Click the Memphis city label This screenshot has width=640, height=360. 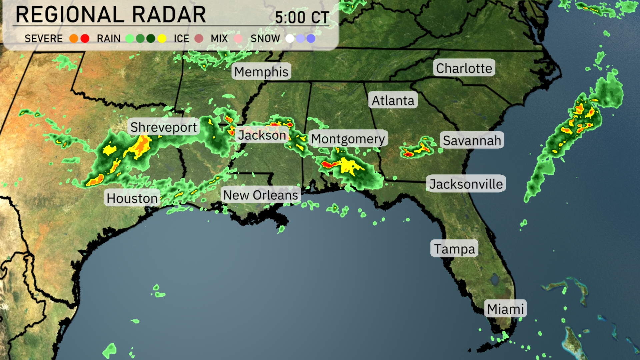(261, 72)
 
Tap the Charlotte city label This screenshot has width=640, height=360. (464, 68)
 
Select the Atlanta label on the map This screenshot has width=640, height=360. (393, 100)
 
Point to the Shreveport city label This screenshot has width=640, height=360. (163, 127)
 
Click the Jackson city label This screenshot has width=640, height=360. (262, 135)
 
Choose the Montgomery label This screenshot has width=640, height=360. (348, 139)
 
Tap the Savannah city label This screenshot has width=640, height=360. (472, 140)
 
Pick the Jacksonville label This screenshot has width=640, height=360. (466, 184)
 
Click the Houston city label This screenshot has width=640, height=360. (132, 198)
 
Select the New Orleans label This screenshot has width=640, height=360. (261, 195)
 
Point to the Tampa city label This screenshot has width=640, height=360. (454, 249)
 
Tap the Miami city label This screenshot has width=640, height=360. (505, 309)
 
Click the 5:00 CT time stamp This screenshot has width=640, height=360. (302, 17)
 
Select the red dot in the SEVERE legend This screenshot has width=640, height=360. (85, 39)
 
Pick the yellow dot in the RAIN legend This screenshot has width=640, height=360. (162, 39)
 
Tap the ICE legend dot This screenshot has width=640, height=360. (199, 39)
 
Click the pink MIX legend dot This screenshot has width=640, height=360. (238, 39)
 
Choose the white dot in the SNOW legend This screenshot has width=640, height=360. (290, 39)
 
